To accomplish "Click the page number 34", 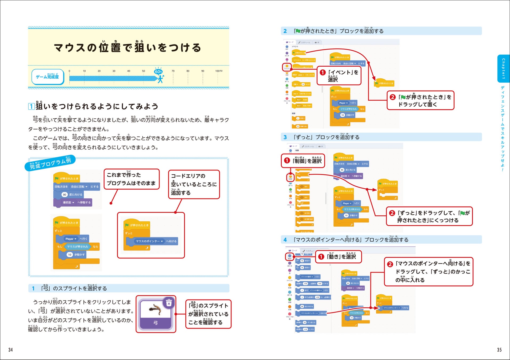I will coord(10,350).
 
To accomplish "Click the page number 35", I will coord(499,350).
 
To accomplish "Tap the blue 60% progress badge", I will coord(158,71).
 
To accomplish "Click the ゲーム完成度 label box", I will coord(47,77).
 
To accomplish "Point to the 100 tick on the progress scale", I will coord(218,71).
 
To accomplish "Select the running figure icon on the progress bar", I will coord(161,79).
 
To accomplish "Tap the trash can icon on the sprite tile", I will coord(169,303).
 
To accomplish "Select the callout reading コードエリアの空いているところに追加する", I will coord(194,184).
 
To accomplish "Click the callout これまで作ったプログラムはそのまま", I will coord(131,179).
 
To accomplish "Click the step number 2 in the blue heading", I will coord(285,31).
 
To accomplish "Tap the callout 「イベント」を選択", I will coord(339,76).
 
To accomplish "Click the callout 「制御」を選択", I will coord(303,161).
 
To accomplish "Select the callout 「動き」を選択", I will coord(338,257).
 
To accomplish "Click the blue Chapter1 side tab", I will coord(503,69).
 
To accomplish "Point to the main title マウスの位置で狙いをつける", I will coord(127,47).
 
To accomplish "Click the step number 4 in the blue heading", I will coord(285,240).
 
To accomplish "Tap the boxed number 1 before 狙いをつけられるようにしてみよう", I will coord(31,106).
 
